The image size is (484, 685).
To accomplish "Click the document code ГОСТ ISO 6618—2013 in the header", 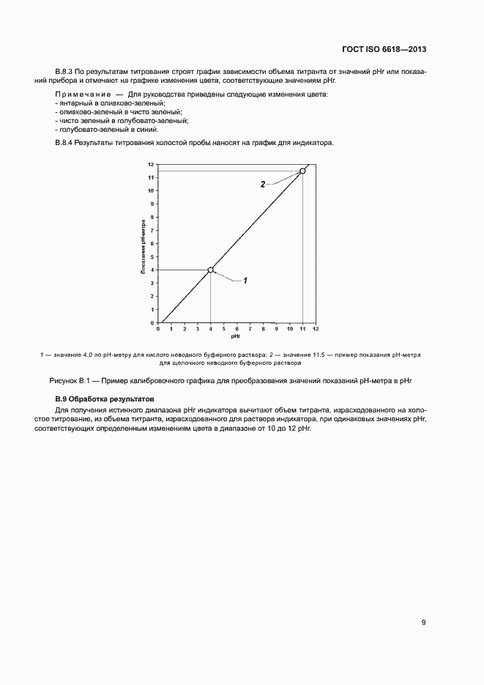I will [384, 50].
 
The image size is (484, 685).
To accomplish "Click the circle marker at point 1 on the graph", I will [211, 270].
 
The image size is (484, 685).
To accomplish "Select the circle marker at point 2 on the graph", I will [302, 171].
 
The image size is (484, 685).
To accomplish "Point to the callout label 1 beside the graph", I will [246, 281].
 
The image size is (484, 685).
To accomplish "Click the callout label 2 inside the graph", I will [263, 185].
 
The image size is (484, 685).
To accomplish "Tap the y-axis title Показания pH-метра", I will [144, 245].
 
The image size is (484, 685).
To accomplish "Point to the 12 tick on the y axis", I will [151, 164].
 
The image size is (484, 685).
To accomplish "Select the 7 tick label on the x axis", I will [250, 329].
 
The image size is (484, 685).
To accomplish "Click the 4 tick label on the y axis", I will [152, 270].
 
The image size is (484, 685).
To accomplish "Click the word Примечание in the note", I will [82, 95].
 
